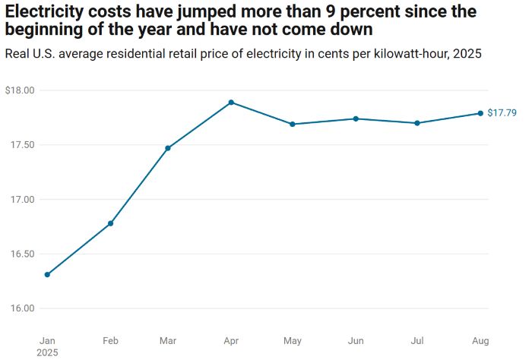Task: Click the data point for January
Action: [x=47, y=274]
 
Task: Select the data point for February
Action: [x=111, y=223]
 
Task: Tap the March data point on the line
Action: [x=168, y=148]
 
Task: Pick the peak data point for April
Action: [x=231, y=103]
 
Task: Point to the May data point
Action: [x=293, y=124]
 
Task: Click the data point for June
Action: [x=356, y=118]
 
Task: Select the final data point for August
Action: [x=480, y=113]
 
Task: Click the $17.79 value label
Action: [x=502, y=113]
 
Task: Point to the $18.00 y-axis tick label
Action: [x=20, y=90]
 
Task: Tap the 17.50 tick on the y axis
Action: [x=22, y=145]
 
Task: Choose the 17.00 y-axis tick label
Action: [x=22, y=200]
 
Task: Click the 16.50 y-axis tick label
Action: [x=22, y=254]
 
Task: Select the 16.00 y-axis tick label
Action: [x=22, y=308]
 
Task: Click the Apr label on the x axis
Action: [x=231, y=339]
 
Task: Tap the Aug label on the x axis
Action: [x=480, y=339]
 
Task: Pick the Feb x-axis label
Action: [x=111, y=339]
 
